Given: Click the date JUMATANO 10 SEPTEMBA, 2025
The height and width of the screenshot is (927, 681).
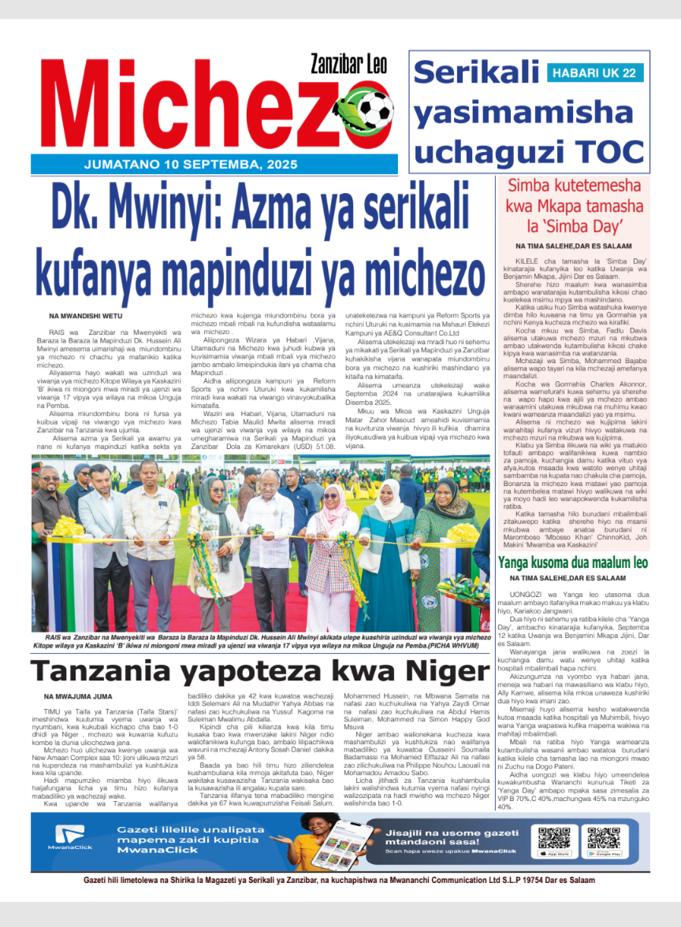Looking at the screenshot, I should pyautogui.click(x=191, y=165).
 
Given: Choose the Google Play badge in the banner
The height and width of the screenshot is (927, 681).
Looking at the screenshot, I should pyautogui.click(x=604, y=854).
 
